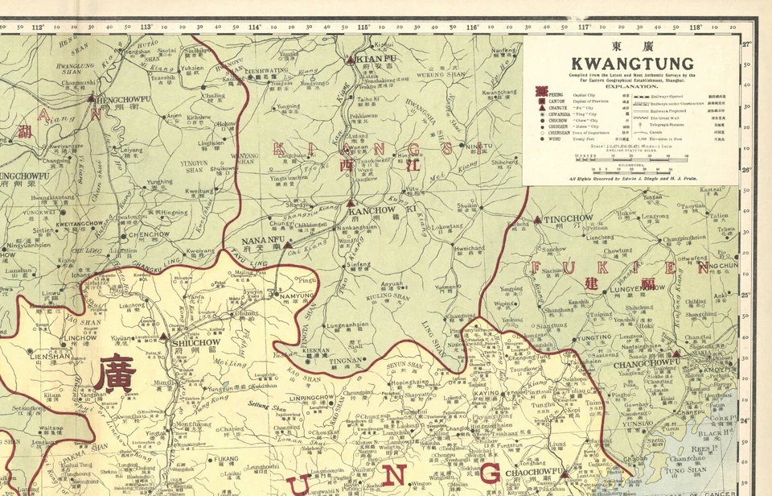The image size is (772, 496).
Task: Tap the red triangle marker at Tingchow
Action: [540, 220]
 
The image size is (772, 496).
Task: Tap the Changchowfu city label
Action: [647, 362]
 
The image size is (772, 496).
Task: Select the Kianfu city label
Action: [371, 59]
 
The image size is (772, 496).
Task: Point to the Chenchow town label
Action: [149, 235]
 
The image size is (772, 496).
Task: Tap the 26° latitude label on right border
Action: [746, 170]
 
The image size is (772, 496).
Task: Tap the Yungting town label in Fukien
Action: [593, 338]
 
